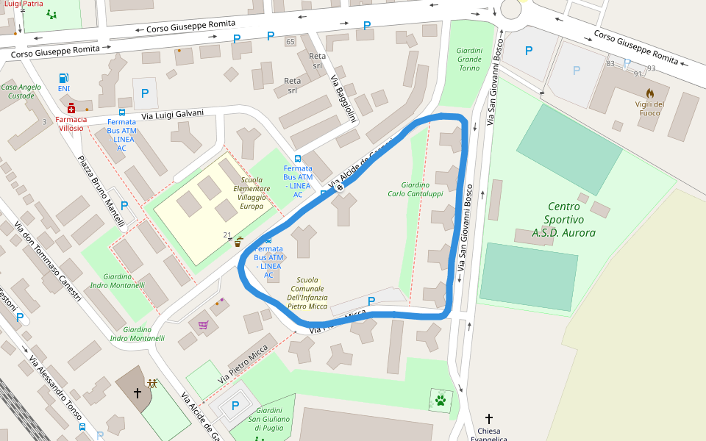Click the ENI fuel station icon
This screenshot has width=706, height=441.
click(64, 78)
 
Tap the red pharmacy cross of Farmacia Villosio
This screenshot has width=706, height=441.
click(71, 109)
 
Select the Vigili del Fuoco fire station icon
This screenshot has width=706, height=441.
click(649, 93)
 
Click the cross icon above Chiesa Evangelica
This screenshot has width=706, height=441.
click(489, 418)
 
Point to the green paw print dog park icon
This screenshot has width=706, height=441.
click(440, 401)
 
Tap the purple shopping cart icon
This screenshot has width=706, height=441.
click(203, 324)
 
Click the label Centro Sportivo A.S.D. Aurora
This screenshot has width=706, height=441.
click(564, 220)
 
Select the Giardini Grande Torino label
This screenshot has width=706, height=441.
click(469, 60)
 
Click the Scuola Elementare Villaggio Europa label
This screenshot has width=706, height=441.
click(252, 193)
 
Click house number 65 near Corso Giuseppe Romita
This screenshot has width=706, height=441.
click(290, 41)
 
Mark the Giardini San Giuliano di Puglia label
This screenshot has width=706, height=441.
click(270, 420)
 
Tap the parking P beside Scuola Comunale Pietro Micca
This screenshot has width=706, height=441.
click(371, 301)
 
